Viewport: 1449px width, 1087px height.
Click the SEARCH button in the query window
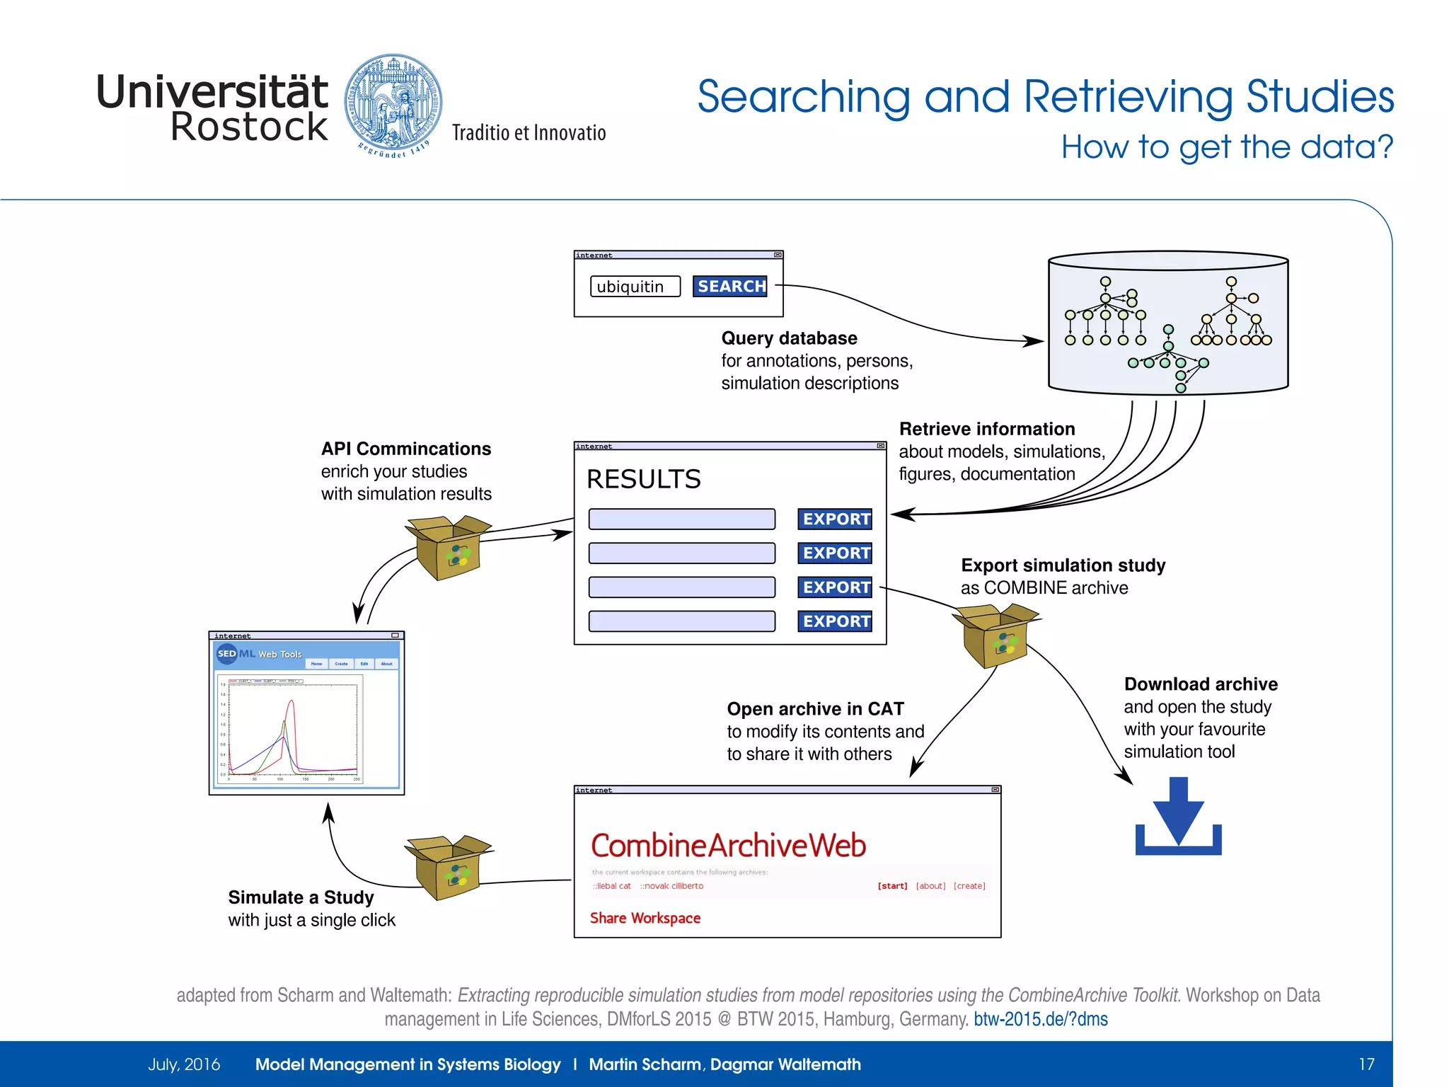pos(729,286)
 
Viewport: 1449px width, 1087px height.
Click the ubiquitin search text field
pos(635,287)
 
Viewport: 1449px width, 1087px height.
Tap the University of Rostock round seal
pos(393,104)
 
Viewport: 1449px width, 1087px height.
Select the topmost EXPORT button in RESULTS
pos(835,519)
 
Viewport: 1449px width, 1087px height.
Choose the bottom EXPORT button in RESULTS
pos(835,621)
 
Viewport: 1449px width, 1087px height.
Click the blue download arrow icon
pos(1178,817)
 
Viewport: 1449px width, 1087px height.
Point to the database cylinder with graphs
pos(1168,322)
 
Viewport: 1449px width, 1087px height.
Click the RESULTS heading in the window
pos(643,479)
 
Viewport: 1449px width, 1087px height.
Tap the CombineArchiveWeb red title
pos(728,846)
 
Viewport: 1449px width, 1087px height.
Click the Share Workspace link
pos(645,918)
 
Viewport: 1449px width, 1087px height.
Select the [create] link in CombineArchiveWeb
pos(969,886)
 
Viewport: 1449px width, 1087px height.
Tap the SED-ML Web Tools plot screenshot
pos(306,715)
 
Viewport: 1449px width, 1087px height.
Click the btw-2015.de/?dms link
pos(1040,1019)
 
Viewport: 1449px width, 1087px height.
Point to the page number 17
pos(1366,1064)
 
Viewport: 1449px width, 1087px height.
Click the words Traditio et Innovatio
pos(529,133)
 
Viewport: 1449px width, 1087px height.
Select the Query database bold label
pos(789,338)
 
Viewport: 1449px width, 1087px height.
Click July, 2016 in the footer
pos(184,1064)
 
